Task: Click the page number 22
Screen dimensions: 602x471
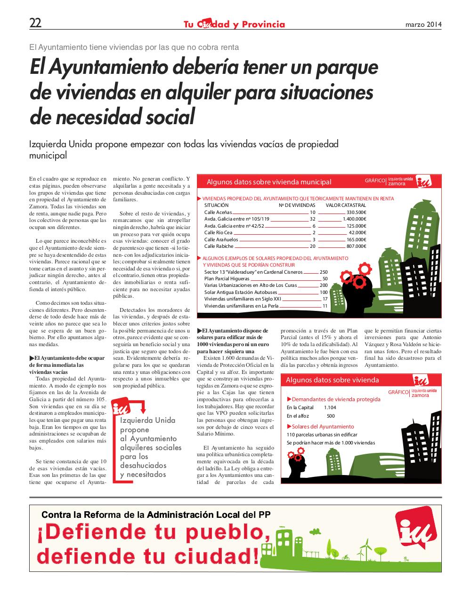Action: pos(35,23)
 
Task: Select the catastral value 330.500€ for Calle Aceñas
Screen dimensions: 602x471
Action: pos(357,213)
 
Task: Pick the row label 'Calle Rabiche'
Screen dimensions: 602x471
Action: pos(219,246)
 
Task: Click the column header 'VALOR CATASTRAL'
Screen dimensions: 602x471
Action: pos(346,206)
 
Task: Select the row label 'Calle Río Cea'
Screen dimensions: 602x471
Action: pos(218,233)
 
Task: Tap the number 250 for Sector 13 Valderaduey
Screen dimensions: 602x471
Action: pos(324,272)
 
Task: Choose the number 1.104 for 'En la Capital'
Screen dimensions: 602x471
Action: pos(330,407)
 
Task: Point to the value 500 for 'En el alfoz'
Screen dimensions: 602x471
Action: pos(331,416)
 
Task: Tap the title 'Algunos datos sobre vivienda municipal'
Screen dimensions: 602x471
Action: pos(269,182)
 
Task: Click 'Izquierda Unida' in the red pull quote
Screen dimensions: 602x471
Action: pos(148,420)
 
